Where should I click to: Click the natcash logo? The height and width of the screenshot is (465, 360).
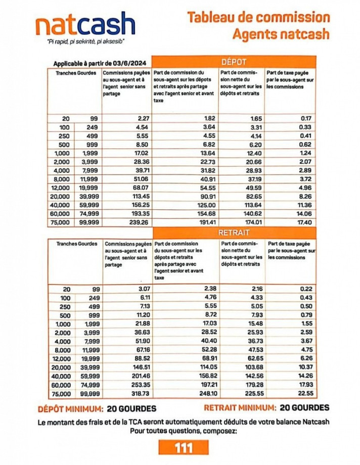pos(85,25)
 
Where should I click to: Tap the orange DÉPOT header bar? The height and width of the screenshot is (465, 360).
pos(234,62)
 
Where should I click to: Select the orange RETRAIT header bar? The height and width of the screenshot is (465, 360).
pos(234,233)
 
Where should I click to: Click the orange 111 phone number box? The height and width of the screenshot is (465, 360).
pos(183,447)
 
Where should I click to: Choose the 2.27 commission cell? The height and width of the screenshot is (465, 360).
pos(141,118)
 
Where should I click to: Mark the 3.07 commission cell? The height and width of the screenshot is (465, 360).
pos(141,289)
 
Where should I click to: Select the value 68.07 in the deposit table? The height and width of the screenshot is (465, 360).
pos(139,188)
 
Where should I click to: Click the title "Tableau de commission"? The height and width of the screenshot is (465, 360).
pos(258,17)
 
